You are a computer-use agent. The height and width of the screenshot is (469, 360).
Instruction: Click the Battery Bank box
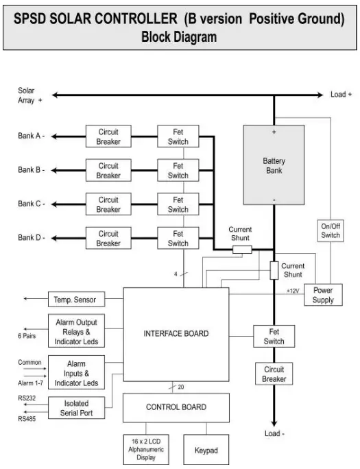(x=274, y=165)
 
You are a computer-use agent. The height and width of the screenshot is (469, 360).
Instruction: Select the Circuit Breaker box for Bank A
(x=108, y=136)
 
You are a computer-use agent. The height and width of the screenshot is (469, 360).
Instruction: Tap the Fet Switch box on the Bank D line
(x=178, y=238)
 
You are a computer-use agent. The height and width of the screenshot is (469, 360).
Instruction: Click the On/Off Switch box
(x=330, y=230)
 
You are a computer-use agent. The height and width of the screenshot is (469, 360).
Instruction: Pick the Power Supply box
(x=323, y=295)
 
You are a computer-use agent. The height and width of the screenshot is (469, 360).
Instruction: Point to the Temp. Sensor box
(x=75, y=300)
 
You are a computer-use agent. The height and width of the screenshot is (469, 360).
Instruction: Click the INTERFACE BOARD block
(x=176, y=334)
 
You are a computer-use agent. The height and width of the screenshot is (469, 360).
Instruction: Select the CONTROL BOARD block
(x=176, y=407)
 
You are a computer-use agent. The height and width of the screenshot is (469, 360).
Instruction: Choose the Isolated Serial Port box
(x=75, y=408)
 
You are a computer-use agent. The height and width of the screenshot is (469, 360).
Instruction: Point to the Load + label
(x=341, y=95)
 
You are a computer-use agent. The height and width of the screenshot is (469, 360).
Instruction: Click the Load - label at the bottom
(x=274, y=433)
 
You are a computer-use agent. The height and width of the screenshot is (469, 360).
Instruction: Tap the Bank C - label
(x=31, y=204)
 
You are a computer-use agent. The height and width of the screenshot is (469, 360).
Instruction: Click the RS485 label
(x=26, y=418)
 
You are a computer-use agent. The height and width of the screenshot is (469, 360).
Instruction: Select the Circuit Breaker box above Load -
(x=274, y=374)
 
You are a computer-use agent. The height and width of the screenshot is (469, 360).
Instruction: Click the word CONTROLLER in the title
(x=131, y=19)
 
